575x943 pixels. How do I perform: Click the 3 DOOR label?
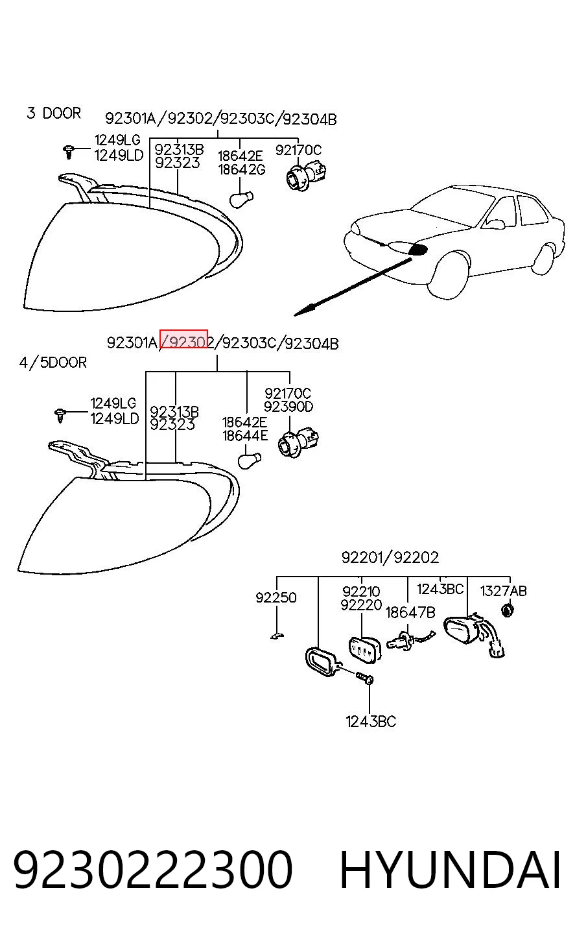[54, 113]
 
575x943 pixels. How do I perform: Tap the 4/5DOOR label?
[53, 363]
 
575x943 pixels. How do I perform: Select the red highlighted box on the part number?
[184, 339]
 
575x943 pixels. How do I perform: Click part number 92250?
[276, 597]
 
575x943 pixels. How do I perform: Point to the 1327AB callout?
[504, 591]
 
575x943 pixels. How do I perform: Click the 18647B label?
[410, 612]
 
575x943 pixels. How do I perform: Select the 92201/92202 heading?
[390, 557]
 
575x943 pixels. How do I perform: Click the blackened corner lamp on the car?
[418, 250]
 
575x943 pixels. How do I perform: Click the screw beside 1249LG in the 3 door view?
[69, 152]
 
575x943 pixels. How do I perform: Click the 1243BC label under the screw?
[371, 722]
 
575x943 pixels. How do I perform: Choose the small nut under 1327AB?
[508, 610]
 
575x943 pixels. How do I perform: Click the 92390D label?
[288, 407]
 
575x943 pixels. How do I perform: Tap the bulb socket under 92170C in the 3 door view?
[306, 177]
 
